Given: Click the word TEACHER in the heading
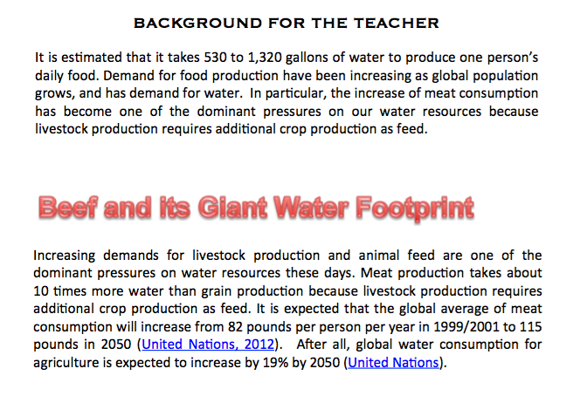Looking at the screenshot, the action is tap(397, 23).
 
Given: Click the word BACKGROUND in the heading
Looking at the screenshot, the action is tap(197, 23).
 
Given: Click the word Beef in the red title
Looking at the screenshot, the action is tap(68, 207).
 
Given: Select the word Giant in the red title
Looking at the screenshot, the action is tap(231, 207).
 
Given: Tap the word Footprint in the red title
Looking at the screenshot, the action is tap(415, 208).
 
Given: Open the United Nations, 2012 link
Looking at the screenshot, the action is tap(208, 345).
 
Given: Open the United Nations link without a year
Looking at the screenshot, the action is tap(393, 362).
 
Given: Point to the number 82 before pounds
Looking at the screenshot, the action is tap(235, 327).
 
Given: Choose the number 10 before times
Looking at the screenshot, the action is tap(41, 291).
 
